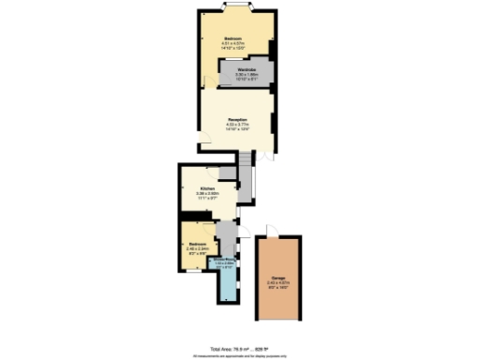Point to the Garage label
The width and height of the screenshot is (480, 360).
point(278,279)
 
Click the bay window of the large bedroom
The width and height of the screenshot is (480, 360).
point(236,9)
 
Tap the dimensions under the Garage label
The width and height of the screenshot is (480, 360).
point(278,286)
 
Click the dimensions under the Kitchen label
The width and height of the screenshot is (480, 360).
point(207,197)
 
